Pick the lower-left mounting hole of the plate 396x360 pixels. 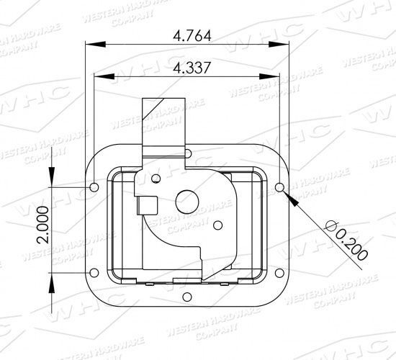tap(95, 272)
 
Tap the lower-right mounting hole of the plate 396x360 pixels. tap(280, 272)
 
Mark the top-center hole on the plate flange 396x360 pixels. tap(186, 153)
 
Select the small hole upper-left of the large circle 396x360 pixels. tap(157, 178)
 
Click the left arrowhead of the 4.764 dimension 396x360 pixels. tap(91, 45)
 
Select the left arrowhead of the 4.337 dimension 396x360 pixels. tap(99, 76)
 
